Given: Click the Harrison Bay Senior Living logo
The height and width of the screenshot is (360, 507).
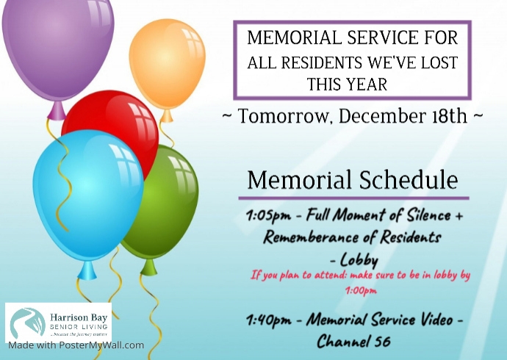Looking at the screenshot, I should [x=58, y=322].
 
